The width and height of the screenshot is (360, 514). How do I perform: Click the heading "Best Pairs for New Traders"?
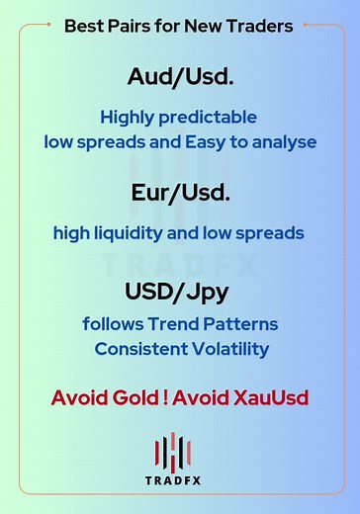pos(179,27)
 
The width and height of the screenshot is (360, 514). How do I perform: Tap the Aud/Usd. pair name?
pos(179,76)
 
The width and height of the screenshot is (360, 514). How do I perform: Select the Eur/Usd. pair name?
pos(179,193)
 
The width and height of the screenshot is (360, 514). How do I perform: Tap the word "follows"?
pos(115,324)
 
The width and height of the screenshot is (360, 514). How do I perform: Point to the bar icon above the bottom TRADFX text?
pos(179,454)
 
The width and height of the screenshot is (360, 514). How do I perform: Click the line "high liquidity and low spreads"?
pos(179,234)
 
